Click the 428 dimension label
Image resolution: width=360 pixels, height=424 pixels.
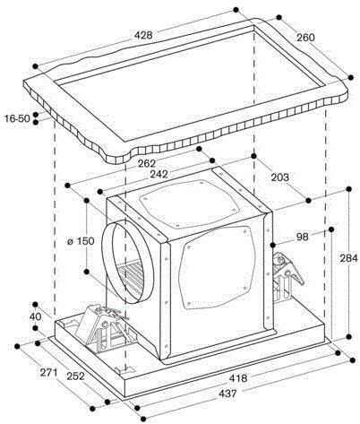(143, 35)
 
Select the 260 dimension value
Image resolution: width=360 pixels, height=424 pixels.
(305, 38)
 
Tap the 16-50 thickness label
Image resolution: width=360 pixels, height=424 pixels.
(17, 118)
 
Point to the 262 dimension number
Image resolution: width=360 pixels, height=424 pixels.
(147, 163)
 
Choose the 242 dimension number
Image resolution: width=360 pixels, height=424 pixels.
(159, 174)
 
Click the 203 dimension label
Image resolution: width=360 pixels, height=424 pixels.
(280, 177)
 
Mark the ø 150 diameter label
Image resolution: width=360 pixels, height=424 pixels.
(81, 241)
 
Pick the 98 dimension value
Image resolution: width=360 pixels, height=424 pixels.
(303, 237)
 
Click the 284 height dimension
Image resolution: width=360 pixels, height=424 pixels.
(348, 258)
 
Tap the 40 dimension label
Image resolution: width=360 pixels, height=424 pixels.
(36, 316)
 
